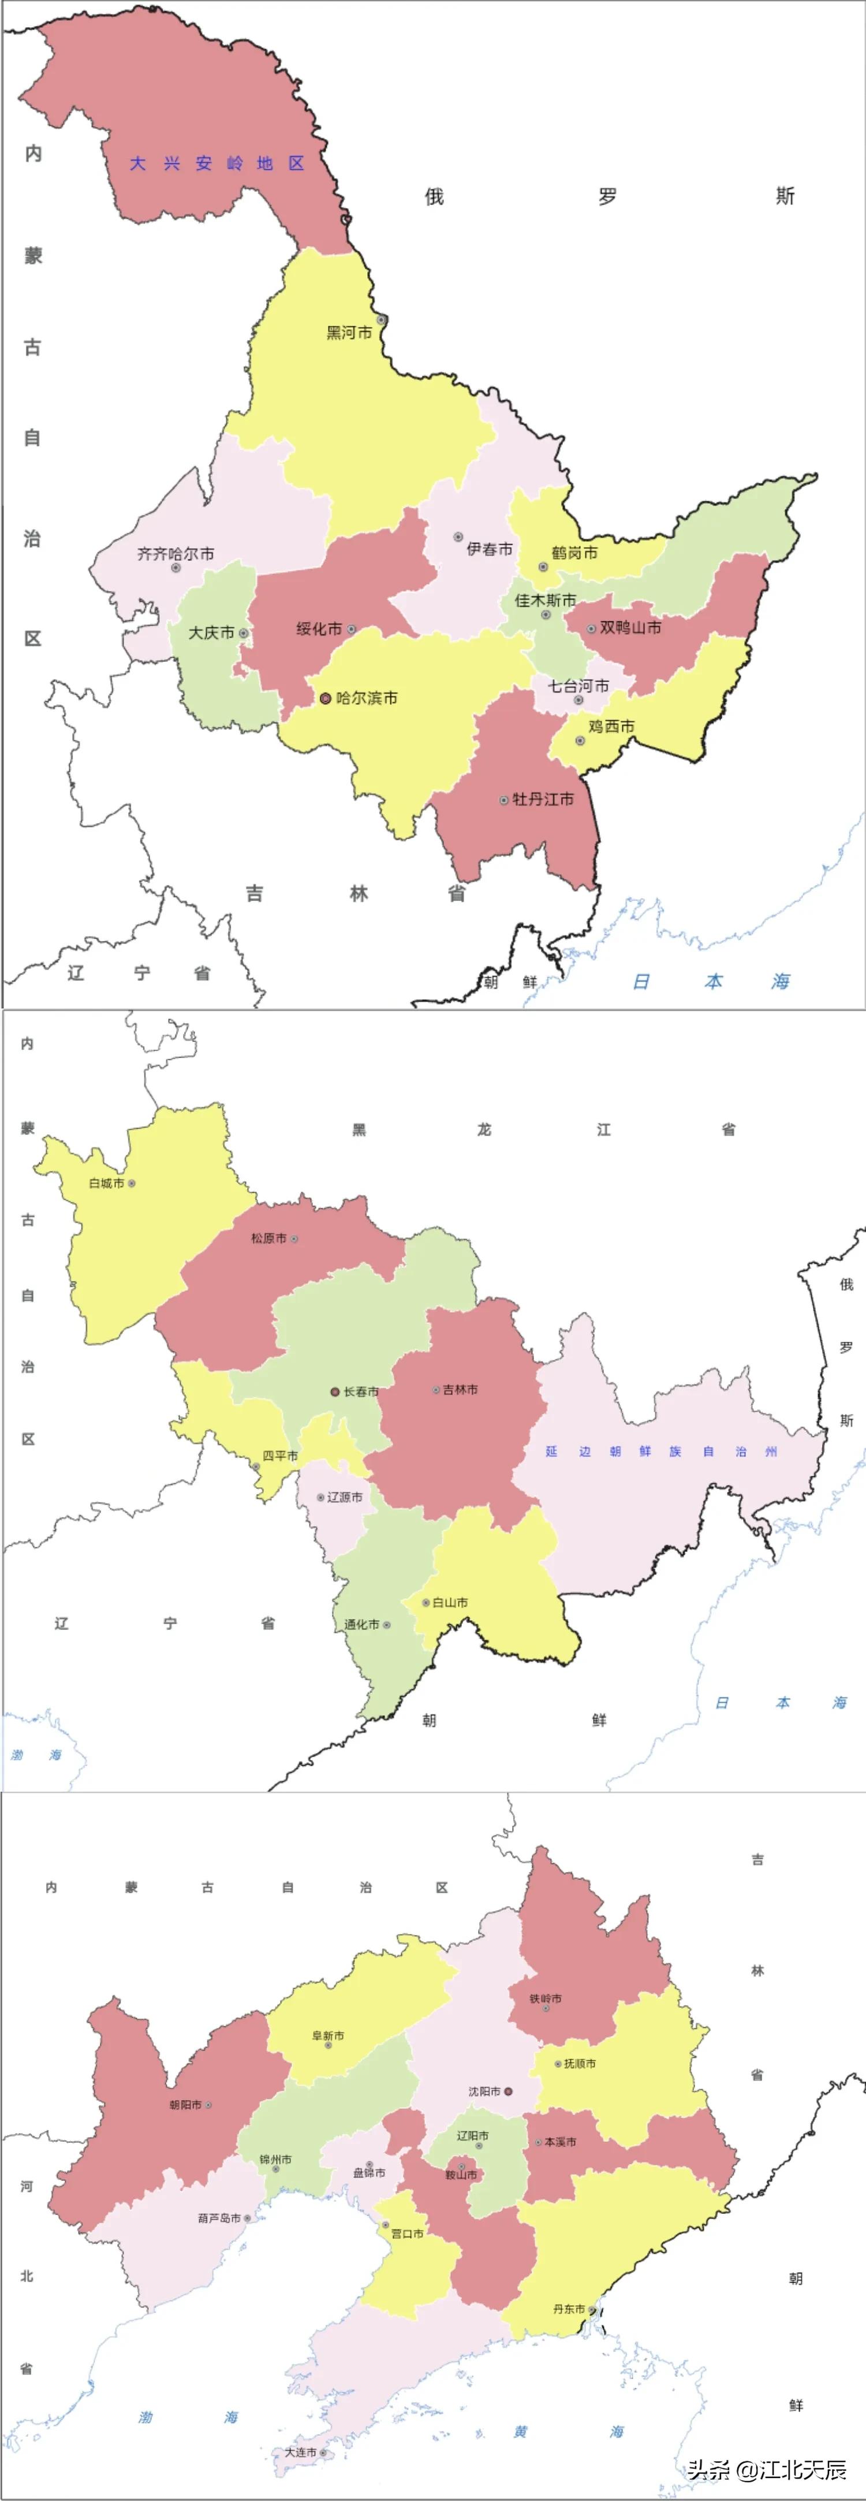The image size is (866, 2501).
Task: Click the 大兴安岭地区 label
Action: click(218, 163)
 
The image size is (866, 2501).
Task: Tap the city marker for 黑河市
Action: click(382, 319)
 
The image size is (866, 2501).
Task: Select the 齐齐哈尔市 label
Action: click(176, 553)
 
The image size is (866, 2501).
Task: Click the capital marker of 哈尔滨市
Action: click(325, 698)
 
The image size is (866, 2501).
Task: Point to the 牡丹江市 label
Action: click(543, 799)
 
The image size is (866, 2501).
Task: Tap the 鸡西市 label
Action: click(611, 726)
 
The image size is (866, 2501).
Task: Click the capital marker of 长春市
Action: click(335, 1391)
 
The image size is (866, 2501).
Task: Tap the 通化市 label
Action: click(361, 1624)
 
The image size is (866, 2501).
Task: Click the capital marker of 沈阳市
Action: click(507, 2091)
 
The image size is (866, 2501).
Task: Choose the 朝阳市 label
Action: click(185, 2104)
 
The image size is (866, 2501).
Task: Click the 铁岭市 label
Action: click(544, 1998)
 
